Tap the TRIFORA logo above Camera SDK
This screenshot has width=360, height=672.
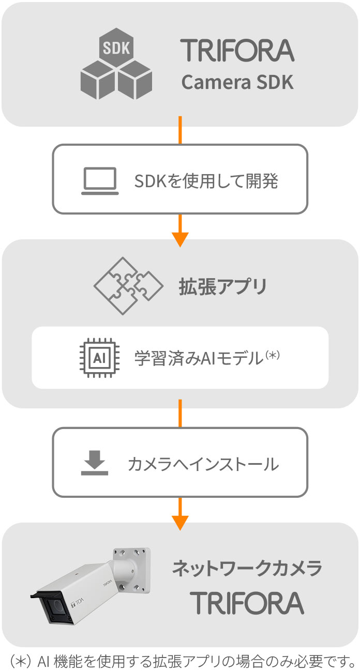pos(237,51)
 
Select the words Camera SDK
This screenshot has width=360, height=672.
pos(237,82)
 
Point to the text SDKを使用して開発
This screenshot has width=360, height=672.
pos(206,181)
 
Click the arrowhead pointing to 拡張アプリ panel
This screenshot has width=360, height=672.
pos(180,238)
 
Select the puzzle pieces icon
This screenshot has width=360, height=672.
pos(123,286)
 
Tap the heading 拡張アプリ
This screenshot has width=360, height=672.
pos(223,286)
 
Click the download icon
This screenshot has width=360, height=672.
pos(95,463)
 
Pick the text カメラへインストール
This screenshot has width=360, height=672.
pos(203,464)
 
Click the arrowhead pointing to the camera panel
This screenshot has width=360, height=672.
pos(180,522)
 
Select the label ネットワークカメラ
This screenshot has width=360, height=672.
pos(247,569)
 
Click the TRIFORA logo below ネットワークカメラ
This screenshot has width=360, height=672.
pos(247,602)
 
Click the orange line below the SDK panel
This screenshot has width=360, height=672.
pos(180,130)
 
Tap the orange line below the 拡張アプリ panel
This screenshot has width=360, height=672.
pos(180,413)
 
